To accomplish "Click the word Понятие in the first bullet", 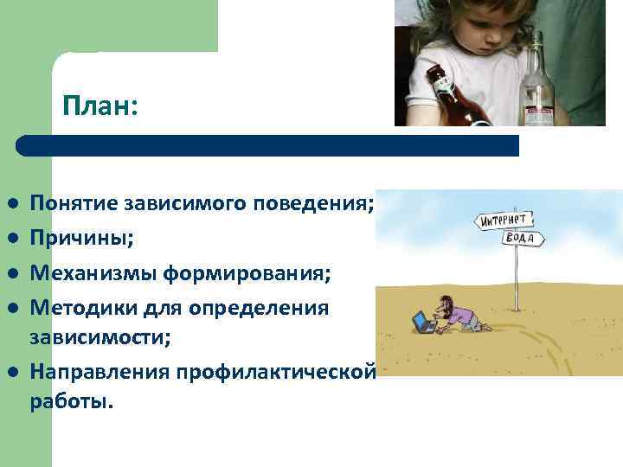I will tap(75, 204).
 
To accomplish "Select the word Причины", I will tap(82, 238).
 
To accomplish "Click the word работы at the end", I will tap(70, 402).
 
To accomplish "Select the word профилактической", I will tap(276, 372).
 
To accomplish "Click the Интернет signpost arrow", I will tap(504, 220).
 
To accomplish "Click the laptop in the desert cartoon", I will tap(424, 323).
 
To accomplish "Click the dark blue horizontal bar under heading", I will tap(268, 145).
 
